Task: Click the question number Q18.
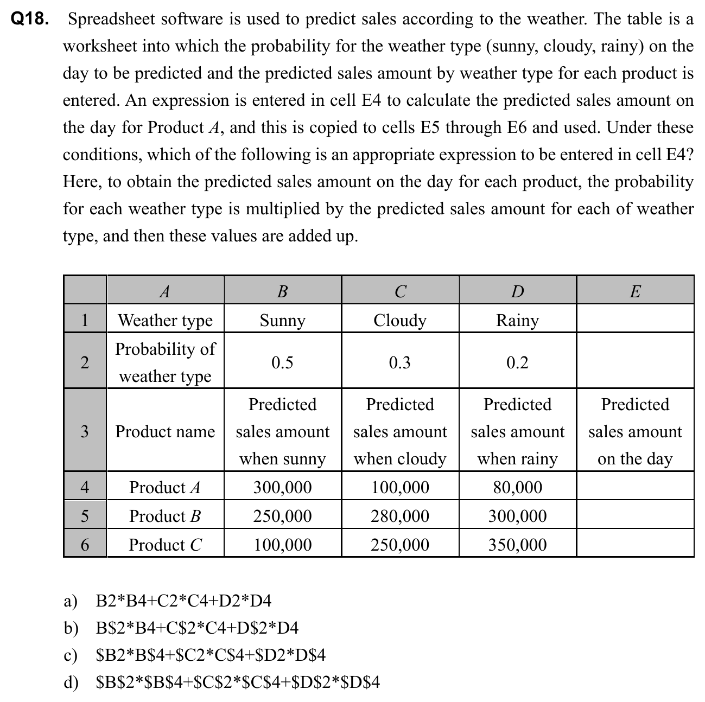point(29,20)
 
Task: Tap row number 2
point(85,362)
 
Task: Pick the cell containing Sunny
point(282,320)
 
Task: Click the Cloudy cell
point(399,320)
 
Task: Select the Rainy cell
point(517,320)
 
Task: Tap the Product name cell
point(165,432)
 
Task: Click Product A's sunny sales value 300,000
point(282,487)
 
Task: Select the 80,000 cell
point(517,487)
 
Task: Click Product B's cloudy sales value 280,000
point(399,516)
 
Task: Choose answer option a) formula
point(183,601)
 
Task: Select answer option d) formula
point(237,682)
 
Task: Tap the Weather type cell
point(165,320)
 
